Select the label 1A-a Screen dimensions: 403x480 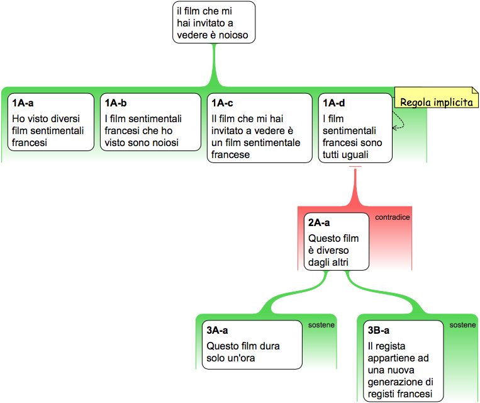coord(23,103)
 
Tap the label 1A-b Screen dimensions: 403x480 coord(116,103)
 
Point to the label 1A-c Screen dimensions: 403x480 coord(223,103)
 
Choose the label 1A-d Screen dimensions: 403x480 coord(333,103)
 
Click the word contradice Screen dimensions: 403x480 coord(393,217)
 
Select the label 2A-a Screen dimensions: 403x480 coord(319,222)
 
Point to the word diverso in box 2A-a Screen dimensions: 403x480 coord(330,251)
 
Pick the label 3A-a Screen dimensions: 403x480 coord(217,330)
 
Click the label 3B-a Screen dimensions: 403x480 coord(379,330)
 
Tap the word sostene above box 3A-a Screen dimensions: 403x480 coord(321,325)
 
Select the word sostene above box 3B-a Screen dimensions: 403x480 coord(462,325)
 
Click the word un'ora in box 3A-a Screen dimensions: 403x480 coord(245,358)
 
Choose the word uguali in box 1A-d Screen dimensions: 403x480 coord(354,154)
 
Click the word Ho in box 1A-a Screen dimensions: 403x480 coord(18,118)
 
